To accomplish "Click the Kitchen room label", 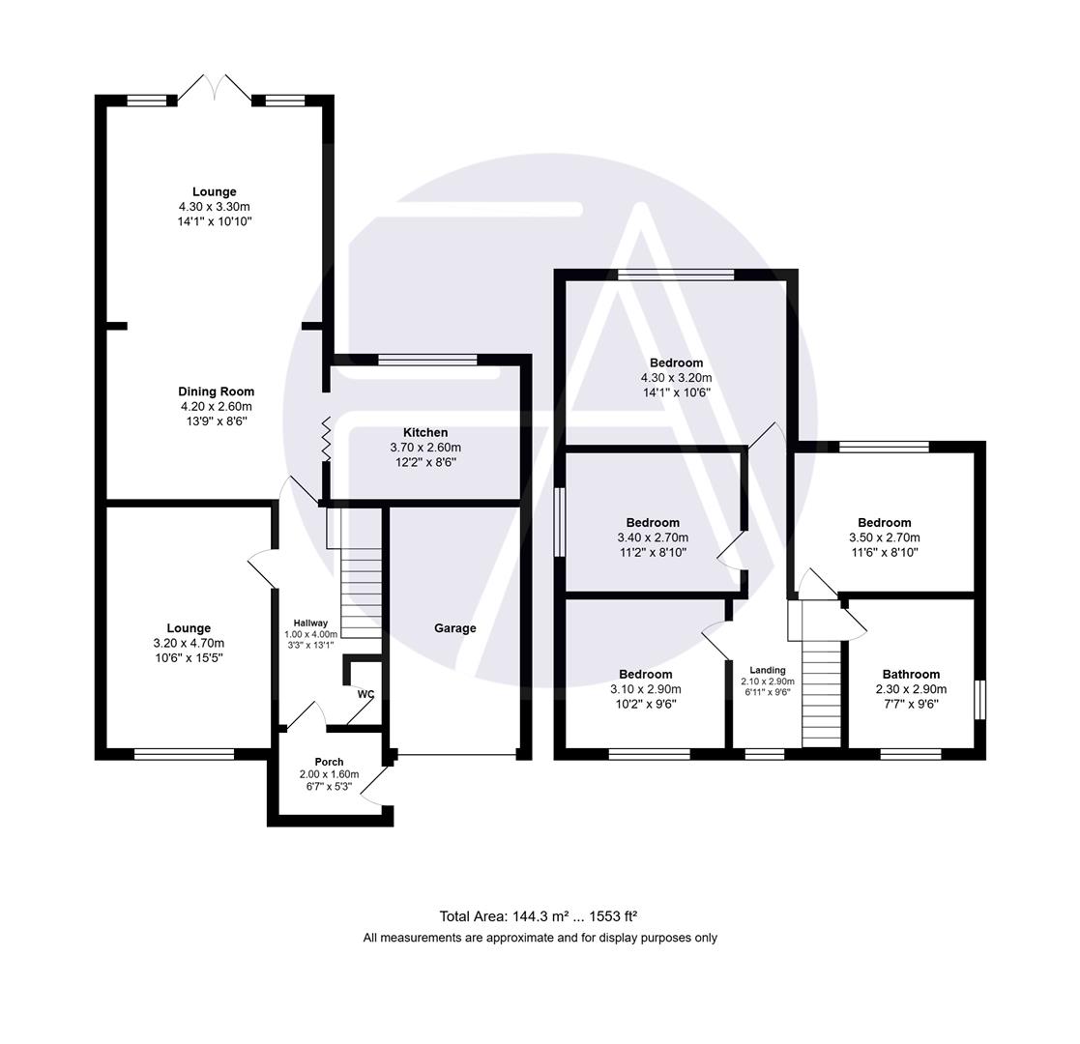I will click(x=425, y=432).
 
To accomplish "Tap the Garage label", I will click(x=454, y=628).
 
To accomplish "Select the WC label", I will click(x=365, y=694).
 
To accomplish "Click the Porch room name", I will click(x=329, y=762).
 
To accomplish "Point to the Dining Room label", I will click(x=216, y=391).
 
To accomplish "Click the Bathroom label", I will click(x=911, y=675).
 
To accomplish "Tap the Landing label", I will click(x=768, y=670).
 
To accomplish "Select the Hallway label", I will click(x=310, y=623).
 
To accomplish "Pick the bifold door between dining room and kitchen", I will click(x=327, y=439).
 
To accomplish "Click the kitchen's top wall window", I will click(x=427, y=361).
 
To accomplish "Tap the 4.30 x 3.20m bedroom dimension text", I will click(x=676, y=378).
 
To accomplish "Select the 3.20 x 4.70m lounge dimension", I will click(x=188, y=643).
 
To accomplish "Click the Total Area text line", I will click(x=539, y=916).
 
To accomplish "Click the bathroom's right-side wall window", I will click(x=979, y=700).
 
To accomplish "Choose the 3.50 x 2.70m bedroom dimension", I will click(x=884, y=537).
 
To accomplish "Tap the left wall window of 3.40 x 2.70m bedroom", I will click(x=559, y=522).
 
